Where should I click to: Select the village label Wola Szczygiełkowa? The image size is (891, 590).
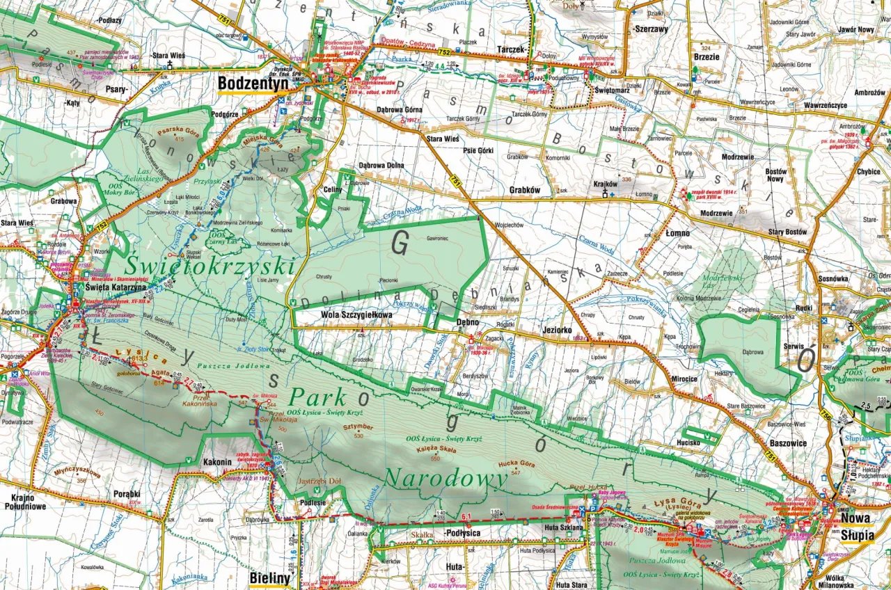356,315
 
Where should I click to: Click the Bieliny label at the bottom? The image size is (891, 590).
269,578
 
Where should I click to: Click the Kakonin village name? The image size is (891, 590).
218,461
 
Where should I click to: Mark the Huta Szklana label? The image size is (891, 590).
562,528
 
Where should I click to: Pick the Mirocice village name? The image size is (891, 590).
684,379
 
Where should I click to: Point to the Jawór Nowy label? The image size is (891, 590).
856,30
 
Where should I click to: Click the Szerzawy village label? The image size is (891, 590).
651,30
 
